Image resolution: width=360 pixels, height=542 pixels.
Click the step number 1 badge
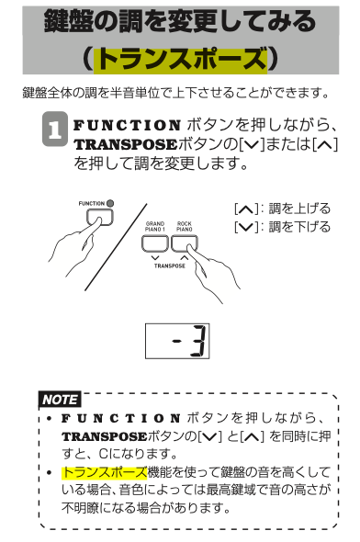54,129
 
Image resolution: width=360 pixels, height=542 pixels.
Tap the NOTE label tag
60,400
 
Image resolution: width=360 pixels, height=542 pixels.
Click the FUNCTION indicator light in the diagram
110,203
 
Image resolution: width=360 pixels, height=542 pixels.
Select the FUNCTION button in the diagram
99,217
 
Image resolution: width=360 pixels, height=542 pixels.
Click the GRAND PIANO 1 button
155,243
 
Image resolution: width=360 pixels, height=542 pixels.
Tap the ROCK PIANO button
185,243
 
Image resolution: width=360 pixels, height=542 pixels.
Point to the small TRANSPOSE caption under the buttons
169,265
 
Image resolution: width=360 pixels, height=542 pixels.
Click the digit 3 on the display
199,341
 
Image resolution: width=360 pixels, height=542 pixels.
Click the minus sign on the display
177,342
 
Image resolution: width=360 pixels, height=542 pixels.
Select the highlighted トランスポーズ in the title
180,59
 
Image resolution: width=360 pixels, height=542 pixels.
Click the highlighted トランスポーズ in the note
105,472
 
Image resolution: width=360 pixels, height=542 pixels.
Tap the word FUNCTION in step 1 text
127,125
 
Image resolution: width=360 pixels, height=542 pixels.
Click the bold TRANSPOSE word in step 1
126,144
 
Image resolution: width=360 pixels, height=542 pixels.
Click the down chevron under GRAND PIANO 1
155,257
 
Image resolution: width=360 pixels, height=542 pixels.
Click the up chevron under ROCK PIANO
185,257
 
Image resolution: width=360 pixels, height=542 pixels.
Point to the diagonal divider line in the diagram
116,247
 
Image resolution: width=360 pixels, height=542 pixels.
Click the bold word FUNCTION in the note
121,418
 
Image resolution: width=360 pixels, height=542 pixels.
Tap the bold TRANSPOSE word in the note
105,436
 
